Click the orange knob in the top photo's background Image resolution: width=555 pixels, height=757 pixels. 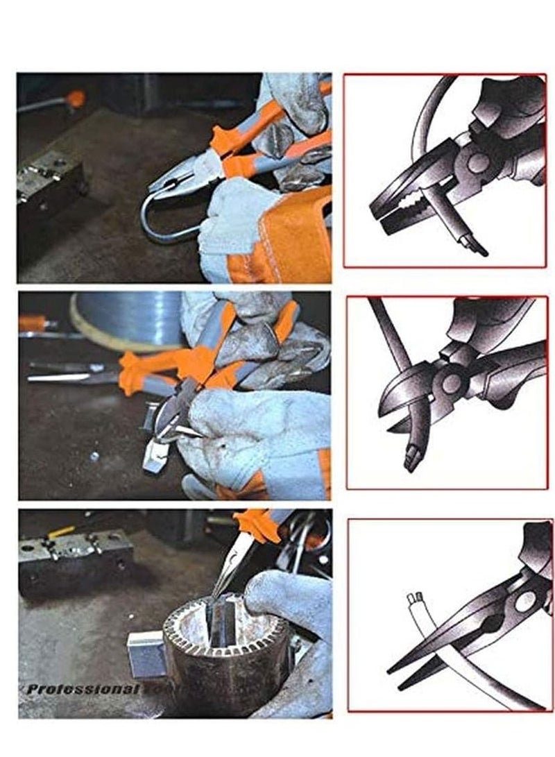[76, 99]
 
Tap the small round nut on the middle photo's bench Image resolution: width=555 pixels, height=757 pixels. [94, 456]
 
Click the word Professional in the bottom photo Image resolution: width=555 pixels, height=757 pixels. [83, 689]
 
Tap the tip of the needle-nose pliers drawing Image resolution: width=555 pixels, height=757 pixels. [393, 670]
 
